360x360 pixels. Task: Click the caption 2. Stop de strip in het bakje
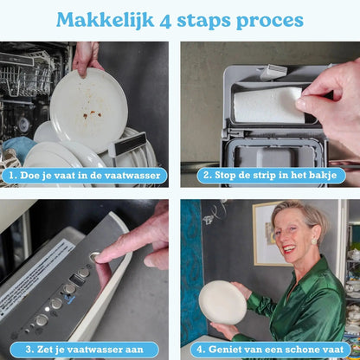point(270,175)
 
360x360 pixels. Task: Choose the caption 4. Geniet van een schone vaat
point(270,350)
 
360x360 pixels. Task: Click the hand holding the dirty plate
point(87,56)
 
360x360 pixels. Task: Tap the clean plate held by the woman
point(222,302)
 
